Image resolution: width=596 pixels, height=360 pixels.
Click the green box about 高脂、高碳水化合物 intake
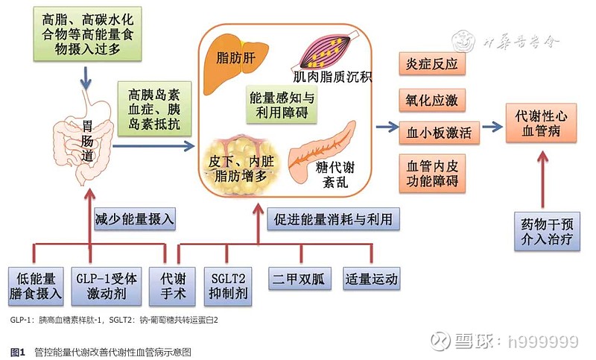tap(89, 34)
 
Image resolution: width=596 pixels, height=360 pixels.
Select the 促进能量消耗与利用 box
tap(332, 218)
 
